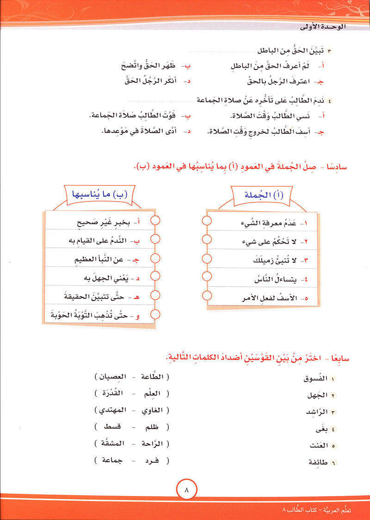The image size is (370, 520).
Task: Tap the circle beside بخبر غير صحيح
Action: pyautogui.click(x=155, y=222)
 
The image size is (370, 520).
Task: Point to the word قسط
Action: pyautogui.click(x=111, y=427)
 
